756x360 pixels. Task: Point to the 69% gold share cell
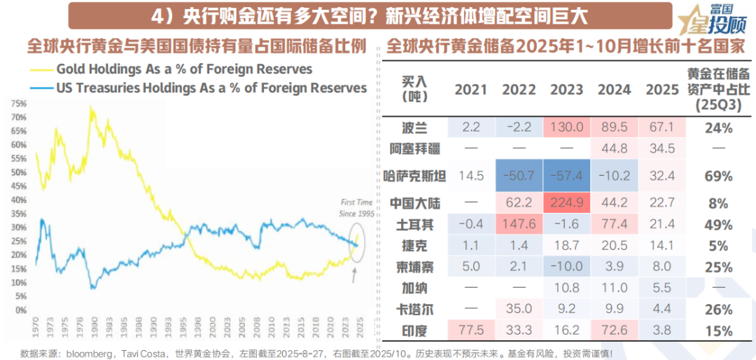(718, 175)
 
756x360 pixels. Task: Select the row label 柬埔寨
(415, 267)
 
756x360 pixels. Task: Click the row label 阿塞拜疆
(415, 148)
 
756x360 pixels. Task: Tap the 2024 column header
(614, 90)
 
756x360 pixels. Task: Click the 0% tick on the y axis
(21, 309)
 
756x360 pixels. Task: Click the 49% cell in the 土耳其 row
(718, 225)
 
